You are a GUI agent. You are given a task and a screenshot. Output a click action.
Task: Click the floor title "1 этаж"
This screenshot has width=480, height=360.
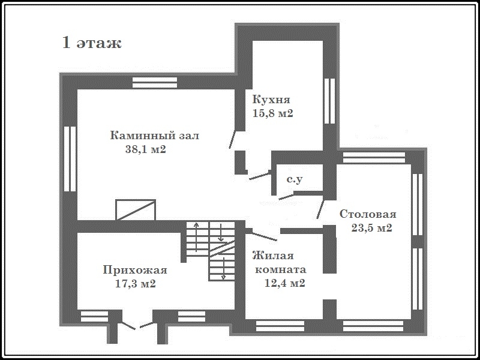coord(92,43)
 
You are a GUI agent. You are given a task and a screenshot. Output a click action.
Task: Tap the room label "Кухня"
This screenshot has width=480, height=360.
coord(271,100)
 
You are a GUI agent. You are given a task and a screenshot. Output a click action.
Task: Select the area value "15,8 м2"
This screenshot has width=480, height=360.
coord(273,113)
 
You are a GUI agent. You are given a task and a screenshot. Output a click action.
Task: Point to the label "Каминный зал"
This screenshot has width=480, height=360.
coord(155,136)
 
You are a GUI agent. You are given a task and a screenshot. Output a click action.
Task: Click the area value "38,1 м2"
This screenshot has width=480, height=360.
coord(146,149)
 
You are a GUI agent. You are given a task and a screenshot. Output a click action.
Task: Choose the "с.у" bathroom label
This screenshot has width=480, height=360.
coord(295,179)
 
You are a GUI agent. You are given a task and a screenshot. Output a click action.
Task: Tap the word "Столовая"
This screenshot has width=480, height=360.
coord(368,214)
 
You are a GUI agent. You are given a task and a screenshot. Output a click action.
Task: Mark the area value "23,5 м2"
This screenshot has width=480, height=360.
coord(371,228)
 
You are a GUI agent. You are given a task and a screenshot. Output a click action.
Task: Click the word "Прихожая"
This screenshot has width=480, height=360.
coord(135,270)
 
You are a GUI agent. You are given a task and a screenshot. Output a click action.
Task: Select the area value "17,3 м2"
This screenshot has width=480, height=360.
coord(136,283)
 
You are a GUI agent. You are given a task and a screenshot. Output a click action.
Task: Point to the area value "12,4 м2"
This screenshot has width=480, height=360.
coord(284,283)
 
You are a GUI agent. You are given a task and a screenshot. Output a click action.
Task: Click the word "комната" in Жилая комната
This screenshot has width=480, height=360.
coord(280,269)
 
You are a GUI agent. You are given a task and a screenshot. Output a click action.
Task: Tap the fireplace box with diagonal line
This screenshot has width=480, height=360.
coord(136,209)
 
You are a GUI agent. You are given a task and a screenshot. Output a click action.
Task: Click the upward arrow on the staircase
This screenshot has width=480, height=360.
coord(197,237)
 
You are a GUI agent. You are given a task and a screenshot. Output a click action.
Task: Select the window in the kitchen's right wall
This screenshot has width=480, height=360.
coord(329,101)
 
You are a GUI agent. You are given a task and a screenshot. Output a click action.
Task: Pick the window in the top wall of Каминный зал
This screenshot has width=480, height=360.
coord(155,83)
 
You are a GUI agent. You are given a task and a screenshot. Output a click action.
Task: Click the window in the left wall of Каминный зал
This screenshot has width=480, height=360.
coord(70,159)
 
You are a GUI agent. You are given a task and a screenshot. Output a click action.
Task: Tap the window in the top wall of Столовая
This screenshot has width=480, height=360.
coord(374,158)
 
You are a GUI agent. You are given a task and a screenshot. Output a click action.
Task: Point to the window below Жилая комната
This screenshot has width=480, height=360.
coord(280,326)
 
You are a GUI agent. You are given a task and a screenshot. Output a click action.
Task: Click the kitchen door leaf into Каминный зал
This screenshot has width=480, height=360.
coord(232,139)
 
